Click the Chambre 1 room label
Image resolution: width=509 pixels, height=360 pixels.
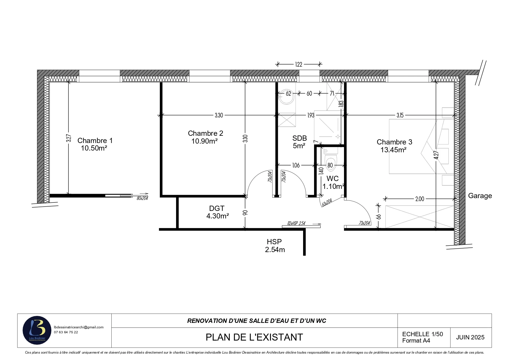pyautogui.click(x=95, y=141)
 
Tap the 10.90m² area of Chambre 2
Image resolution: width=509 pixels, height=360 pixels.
pyautogui.click(x=204, y=141)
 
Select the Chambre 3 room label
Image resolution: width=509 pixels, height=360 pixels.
pyautogui.click(x=394, y=142)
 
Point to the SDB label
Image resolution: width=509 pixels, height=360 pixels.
pyautogui.click(x=300, y=138)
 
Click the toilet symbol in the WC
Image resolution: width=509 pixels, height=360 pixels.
pyautogui.click(x=330, y=160)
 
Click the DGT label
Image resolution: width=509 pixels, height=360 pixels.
pyautogui.click(x=217, y=208)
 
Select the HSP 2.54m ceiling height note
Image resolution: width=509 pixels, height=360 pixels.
pyautogui.click(x=275, y=245)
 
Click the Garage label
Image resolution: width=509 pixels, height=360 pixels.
pyautogui.click(x=480, y=196)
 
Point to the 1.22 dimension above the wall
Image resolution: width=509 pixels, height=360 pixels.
pyautogui.click(x=299, y=64)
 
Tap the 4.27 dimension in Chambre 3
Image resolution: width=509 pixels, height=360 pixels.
pyautogui.click(x=436, y=155)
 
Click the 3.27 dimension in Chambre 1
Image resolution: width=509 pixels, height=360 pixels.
pyautogui.click(x=68, y=138)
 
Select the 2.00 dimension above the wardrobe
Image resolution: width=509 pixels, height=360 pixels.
pyautogui.click(x=420, y=199)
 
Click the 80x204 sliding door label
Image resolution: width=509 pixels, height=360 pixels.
pyautogui.click(x=142, y=199)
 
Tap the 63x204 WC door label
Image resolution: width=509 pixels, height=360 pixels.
pyautogui.click(x=327, y=202)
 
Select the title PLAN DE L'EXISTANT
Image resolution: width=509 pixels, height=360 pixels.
pyautogui.click(x=254, y=337)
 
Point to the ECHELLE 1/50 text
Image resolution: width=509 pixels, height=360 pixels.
pyautogui.click(x=423, y=334)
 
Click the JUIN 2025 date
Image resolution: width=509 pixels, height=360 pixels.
pyautogui.click(x=470, y=337)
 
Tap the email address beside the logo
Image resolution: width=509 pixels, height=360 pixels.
pyautogui.click(x=79, y=327)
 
